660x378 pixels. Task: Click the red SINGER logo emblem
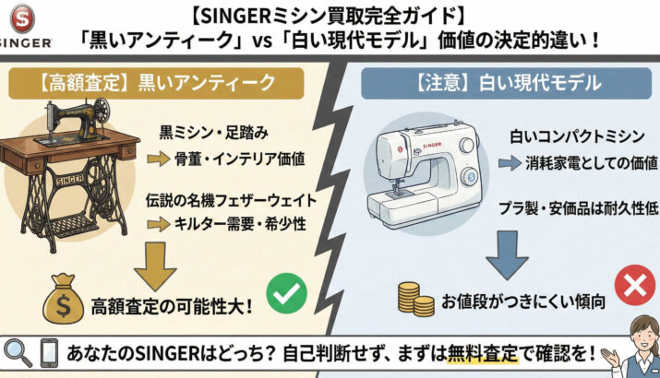tap(22, 18)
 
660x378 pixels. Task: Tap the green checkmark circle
tap(287, 293)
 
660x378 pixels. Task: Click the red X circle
tap(635, 286)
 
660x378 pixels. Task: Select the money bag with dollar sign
tap(63, 299)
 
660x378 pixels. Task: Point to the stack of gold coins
tap(416, 299)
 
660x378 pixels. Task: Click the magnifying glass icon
tap(18, 353)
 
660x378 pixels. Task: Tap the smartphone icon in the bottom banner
tap(49, 353)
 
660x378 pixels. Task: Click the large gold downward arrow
tap(155, 266)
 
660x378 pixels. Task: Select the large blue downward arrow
tap(507, 255)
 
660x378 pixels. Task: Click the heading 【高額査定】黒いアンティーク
tap(156, 83)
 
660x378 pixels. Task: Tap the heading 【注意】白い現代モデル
tap(507, 83)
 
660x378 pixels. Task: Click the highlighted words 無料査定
tap(483, 354)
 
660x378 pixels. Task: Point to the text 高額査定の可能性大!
tap(172, 307)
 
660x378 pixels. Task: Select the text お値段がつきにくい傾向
tap(523, 301)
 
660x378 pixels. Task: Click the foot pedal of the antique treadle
tap(75, 226)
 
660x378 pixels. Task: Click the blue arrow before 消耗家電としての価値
tap(510, 163)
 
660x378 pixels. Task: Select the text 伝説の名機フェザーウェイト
tap(232, 200)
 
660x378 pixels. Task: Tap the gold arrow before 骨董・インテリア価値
tap(159, 159)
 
